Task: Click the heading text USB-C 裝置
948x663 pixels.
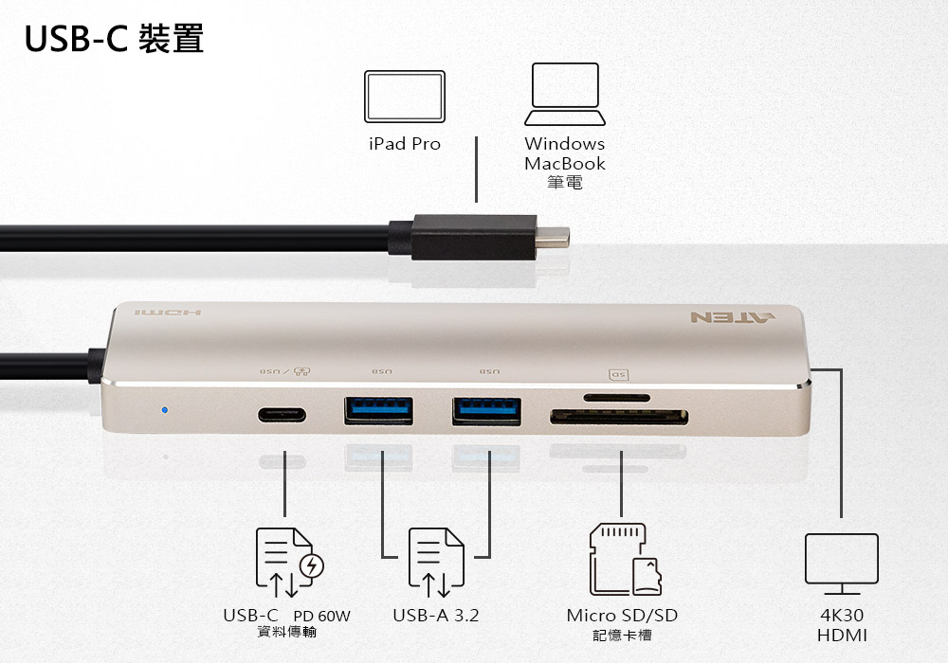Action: click(115, 39)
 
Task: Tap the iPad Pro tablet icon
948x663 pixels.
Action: click(405, 97)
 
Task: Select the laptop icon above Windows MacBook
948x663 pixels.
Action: click(565, 94)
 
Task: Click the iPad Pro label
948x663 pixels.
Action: click(405, 144)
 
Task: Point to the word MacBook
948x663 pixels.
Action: click(565, 164)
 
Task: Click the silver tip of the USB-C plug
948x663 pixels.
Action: click(553, 237)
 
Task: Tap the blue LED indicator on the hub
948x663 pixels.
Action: click(164, 410)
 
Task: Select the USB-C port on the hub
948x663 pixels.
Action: click(282, 415)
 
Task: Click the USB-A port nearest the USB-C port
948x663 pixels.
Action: click(378, 411)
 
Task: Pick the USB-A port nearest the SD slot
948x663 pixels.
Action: click(486, 411)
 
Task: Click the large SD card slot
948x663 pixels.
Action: click(618, 416)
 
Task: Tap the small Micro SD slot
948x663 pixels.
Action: click(617, 398)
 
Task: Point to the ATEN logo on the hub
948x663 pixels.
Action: click(733, 317)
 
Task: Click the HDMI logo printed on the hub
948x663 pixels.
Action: click(168, 313)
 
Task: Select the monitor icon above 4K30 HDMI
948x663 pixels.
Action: click(842, 564)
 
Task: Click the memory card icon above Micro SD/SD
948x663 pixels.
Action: click(625, 559)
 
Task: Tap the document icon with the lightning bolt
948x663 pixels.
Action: click(289, 562)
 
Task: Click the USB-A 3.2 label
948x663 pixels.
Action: click(435, 616)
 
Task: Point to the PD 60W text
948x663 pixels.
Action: click(321, 616)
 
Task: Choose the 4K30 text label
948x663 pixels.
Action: click(842, 616)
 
